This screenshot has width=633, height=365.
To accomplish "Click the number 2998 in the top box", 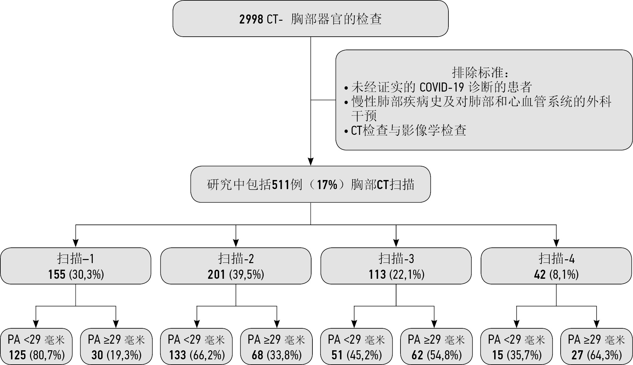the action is (251, 19).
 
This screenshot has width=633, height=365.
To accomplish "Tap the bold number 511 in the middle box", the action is (280, 185).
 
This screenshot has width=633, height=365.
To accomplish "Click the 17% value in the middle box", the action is (327, 185).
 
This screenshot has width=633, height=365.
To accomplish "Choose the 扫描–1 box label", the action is (76, 259).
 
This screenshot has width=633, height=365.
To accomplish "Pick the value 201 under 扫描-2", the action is (216, 275).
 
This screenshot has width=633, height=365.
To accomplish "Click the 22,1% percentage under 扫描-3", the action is (407, 275).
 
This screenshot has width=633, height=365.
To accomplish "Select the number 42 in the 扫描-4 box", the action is (540, 275).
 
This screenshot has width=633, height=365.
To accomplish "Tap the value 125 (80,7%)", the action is (37, 355).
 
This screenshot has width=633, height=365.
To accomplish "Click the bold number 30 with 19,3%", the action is (97, 355).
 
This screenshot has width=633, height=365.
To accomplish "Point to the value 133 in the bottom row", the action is (178, 355).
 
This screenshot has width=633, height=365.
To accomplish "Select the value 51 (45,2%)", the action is (357, 355).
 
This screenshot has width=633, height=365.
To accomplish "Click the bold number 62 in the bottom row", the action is (417, 355).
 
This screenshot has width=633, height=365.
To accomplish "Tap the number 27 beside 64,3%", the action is (577, 355).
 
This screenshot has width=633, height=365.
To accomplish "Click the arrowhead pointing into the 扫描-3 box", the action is (396, 243).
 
